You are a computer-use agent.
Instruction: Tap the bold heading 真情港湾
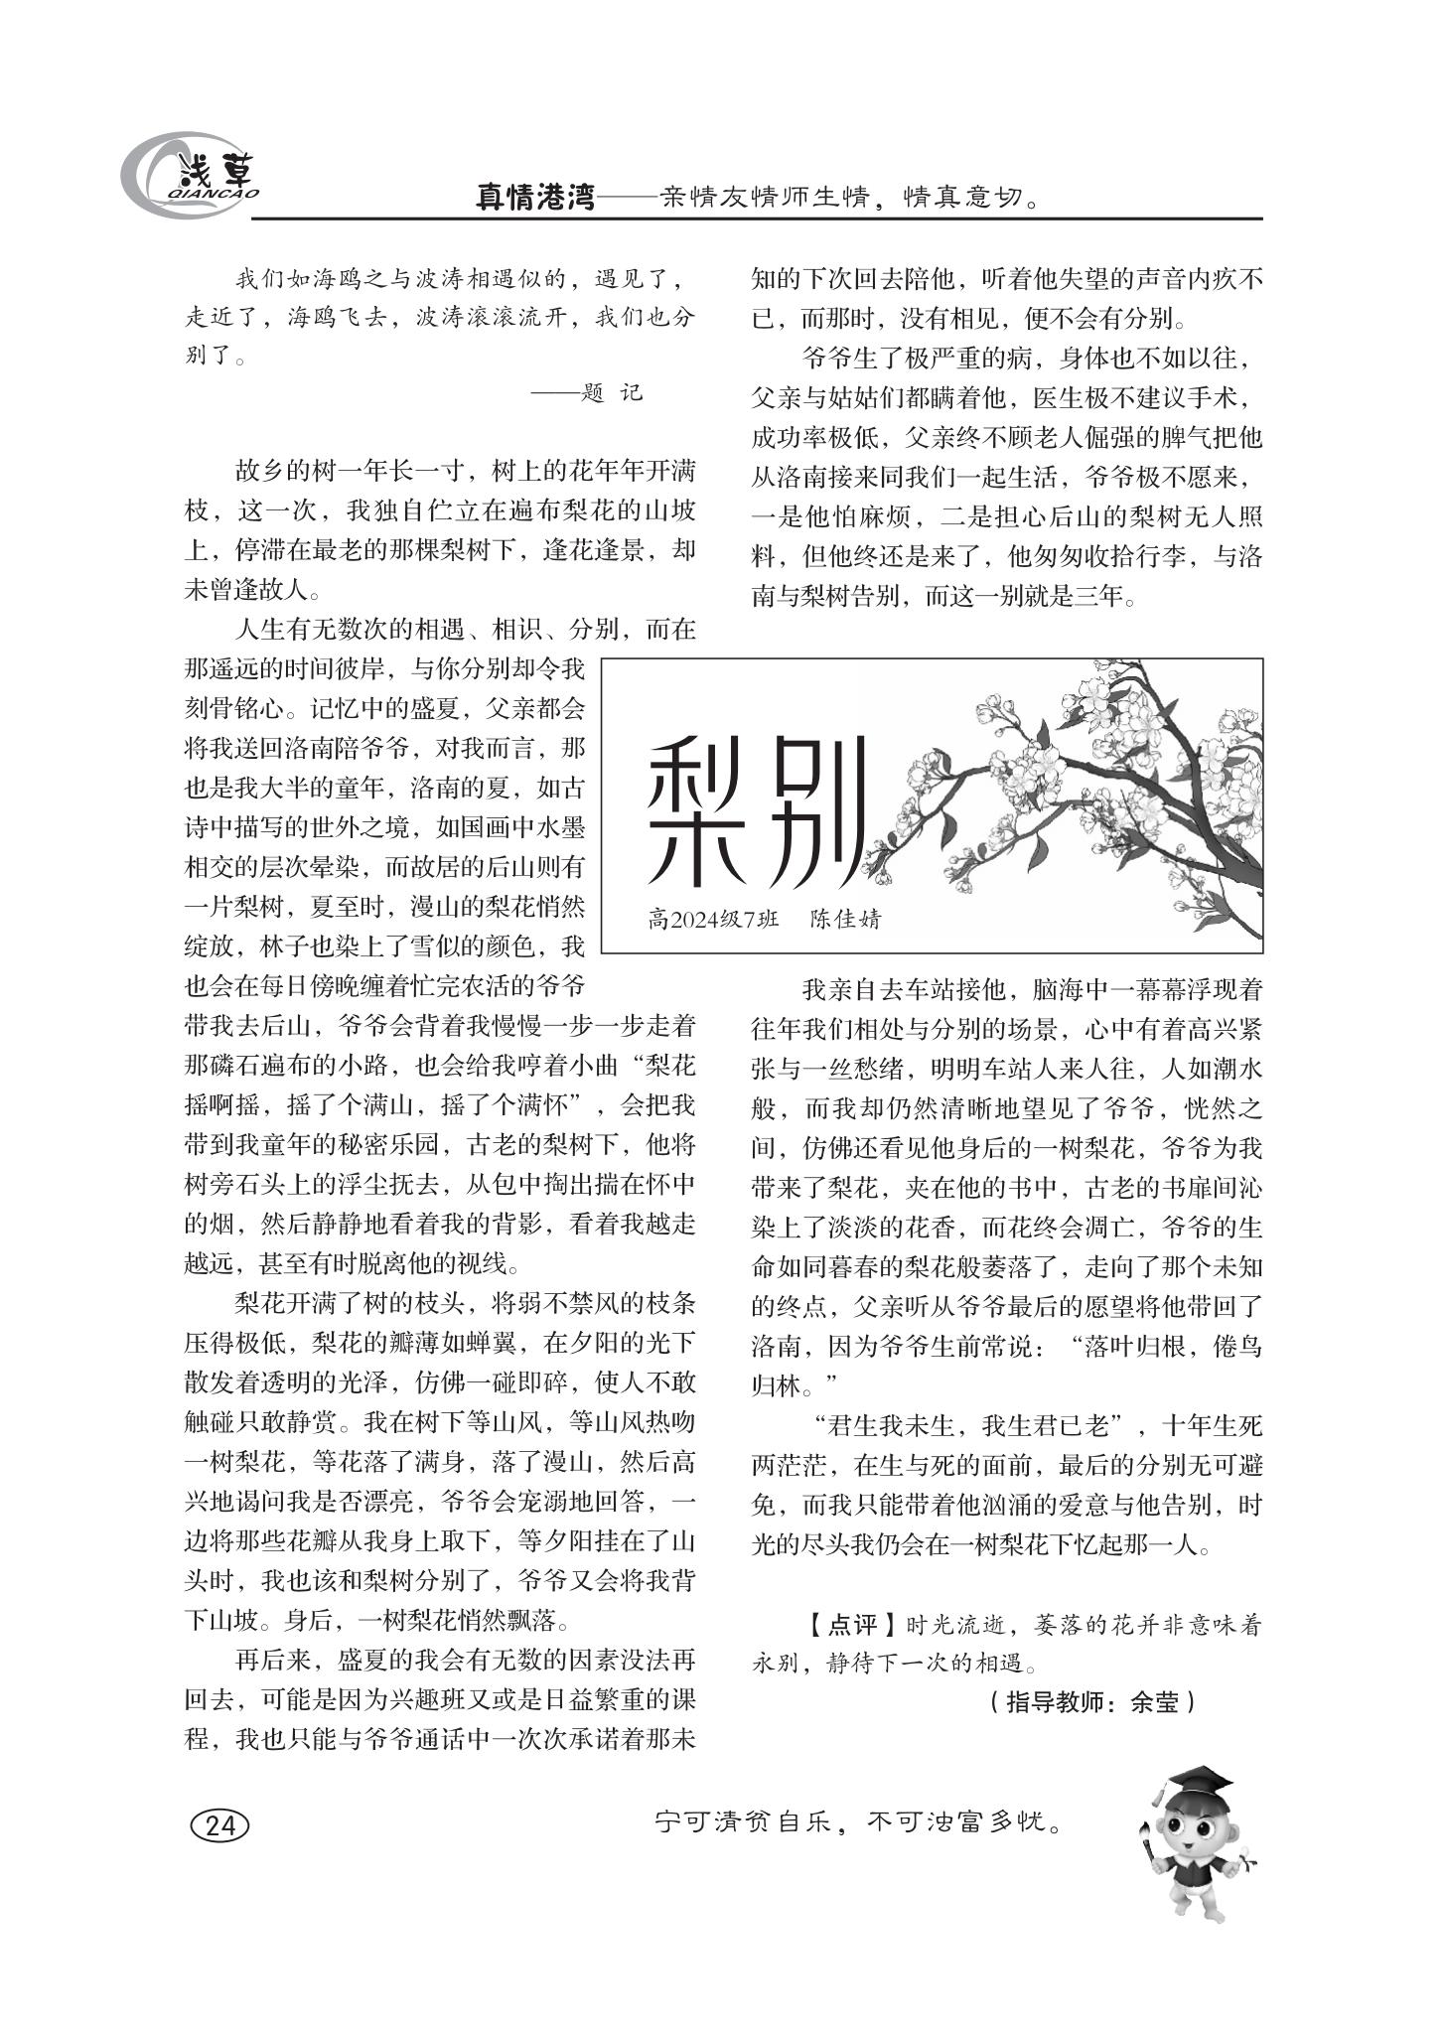point(535,199)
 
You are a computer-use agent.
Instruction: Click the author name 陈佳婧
point(844,919)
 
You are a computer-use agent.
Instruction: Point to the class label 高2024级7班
point(712,919)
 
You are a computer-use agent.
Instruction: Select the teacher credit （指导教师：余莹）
point(1091,1702)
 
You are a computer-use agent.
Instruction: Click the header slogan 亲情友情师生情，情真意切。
point(849,199)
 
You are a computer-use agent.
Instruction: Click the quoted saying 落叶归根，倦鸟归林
point(1173,1347)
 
